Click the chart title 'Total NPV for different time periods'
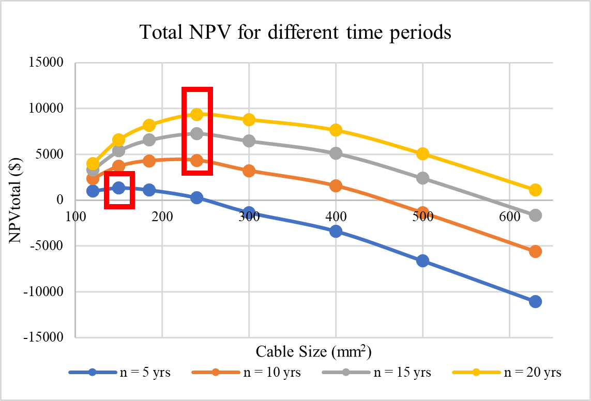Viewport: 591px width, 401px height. click(295, 33)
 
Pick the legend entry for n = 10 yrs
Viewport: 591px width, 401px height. click(246, 372)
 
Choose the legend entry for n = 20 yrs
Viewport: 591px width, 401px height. click(506, 372)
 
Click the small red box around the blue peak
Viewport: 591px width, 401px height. click(119, 190)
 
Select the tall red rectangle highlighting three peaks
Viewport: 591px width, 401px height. click(197, 131)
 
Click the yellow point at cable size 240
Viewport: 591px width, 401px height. click(196, 114)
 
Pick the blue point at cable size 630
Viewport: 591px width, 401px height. click(535, 301)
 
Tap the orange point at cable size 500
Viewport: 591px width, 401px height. click(422, 212)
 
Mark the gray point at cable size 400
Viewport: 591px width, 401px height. click(336, 153)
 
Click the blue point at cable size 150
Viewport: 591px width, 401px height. click(119, 188)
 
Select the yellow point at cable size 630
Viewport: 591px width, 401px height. click(535, 190)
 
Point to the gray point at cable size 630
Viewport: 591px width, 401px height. click(535, 215)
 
